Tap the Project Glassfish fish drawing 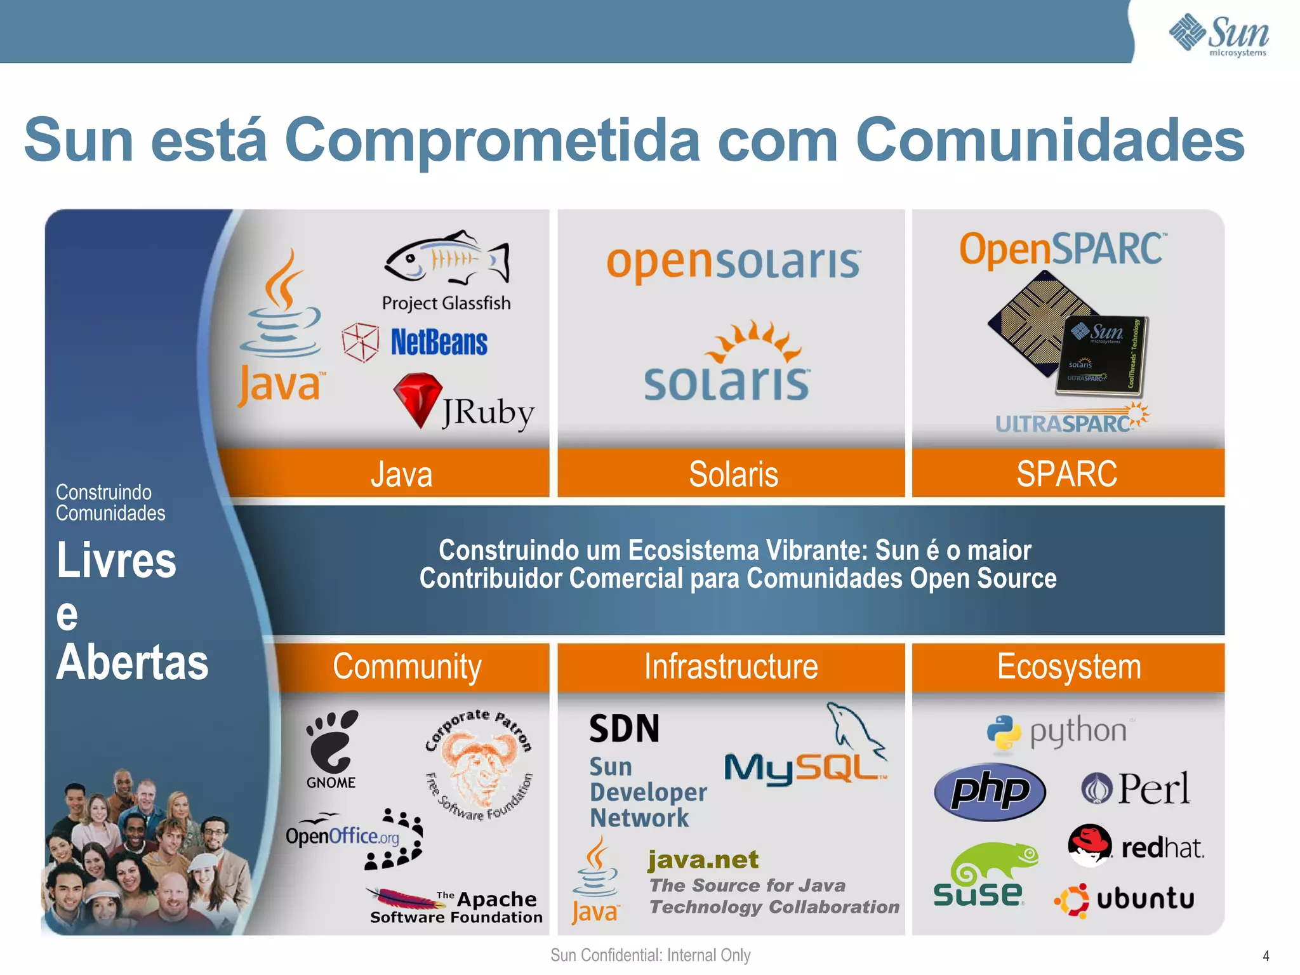(446, 259)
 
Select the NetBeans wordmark (439, 343)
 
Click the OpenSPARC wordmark (1062, 249)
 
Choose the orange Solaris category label (733, 474)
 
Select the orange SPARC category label (1067, 474)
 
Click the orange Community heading (407, 667)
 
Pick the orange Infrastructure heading (731, 667)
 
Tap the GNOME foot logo (331, 743)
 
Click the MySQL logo (806, 755)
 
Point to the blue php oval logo (989, 791)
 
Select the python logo (1058, 733)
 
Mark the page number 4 (1266, 956)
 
